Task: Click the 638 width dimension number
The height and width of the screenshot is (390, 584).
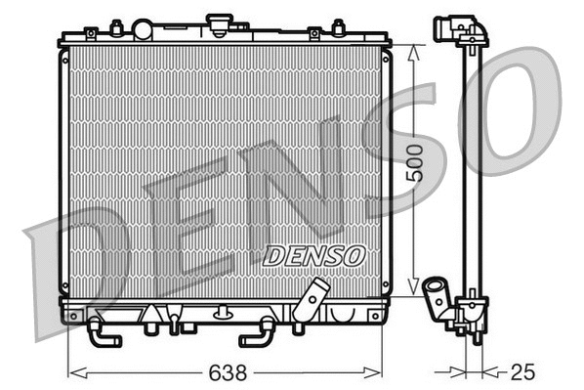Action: (x=226, y=373)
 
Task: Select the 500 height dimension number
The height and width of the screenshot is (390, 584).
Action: (x=415, y=163)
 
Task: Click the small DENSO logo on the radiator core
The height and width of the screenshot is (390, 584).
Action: (x=313, y=255)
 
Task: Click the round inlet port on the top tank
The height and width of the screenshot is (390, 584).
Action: (x=143, y=29)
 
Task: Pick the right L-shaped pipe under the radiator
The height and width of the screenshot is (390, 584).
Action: (x=256, y=332)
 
